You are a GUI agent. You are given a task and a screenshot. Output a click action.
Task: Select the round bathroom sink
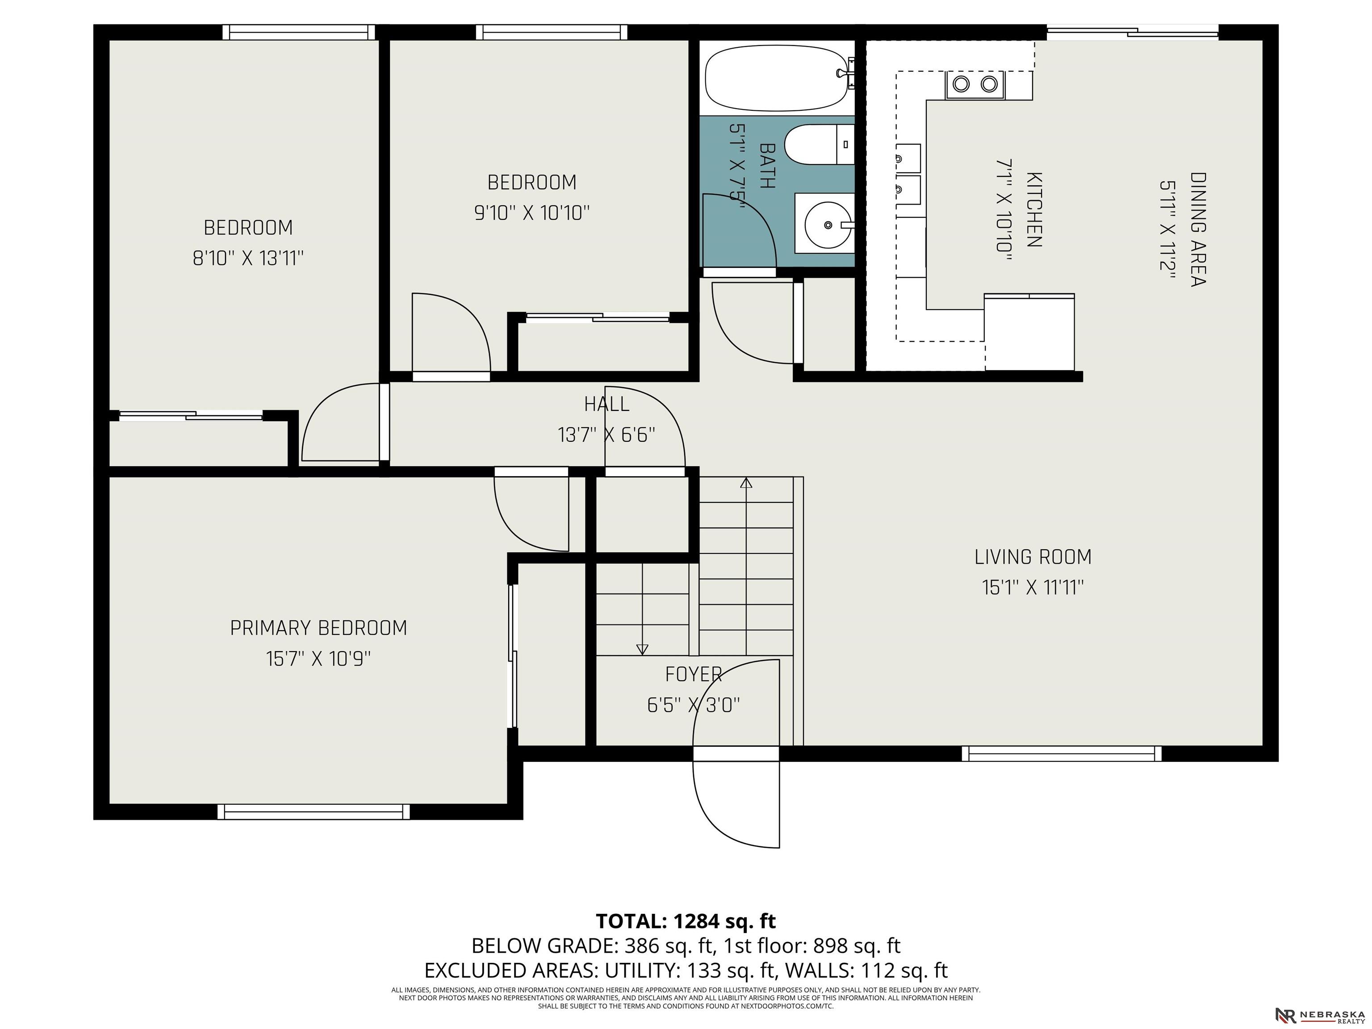tap(828, 224)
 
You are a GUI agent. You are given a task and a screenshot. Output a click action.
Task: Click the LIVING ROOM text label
tap(1033, 557)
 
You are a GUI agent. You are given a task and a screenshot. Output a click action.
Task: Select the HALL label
tap(607, 404)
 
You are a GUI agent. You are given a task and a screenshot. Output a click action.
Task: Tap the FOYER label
tap(694, 674)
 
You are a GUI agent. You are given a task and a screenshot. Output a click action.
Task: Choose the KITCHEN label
tap(1033, 209)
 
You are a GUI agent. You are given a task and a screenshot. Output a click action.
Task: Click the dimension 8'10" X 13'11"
tap(248, 258)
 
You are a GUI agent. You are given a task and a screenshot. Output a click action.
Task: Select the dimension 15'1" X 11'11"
tap(1033, 587)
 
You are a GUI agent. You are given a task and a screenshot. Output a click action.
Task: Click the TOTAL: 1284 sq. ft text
tap(686, 921)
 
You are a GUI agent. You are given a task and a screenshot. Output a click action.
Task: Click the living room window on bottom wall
tap(1061, 753)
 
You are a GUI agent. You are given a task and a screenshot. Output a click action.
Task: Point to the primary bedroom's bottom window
tap(314, 811)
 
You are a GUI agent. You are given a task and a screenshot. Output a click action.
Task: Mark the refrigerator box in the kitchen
tap(1029, 332)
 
